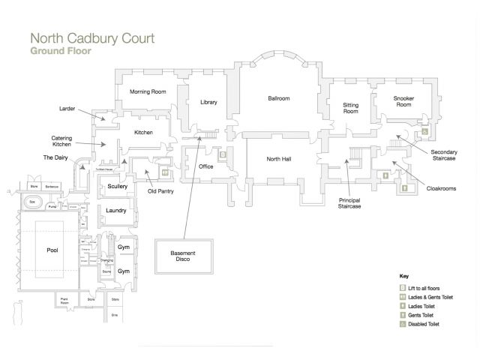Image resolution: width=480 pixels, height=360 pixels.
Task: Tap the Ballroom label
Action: (279, 98)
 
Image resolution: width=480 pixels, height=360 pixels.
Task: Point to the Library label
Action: (208, 102)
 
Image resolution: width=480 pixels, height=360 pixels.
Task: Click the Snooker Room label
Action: (404, 100)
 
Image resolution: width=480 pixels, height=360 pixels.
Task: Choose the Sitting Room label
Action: (350, 108)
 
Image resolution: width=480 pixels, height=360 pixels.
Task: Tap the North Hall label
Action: (279, 159)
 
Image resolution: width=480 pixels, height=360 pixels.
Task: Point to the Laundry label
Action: (115, 211)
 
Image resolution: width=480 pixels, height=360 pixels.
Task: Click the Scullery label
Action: (118, 186)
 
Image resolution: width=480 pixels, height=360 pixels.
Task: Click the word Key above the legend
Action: (403, 276)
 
